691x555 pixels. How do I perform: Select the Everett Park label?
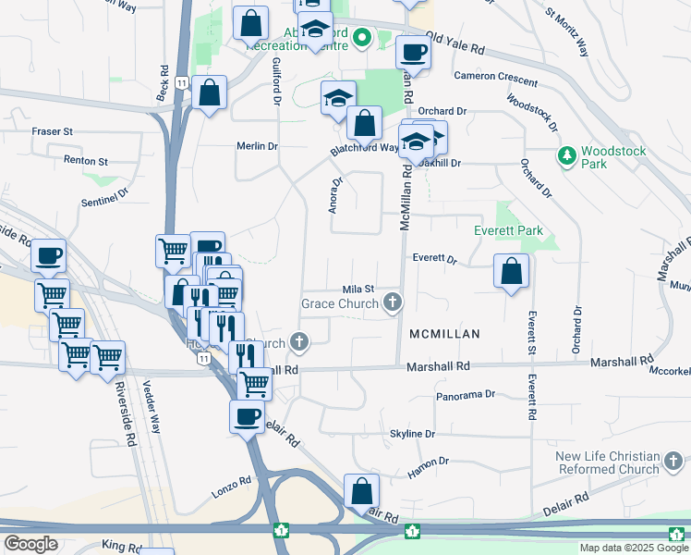click(x=507, y=230)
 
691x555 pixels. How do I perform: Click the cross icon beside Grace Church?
click(x=394, y=302)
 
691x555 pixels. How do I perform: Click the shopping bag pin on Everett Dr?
click(x=512, y=272)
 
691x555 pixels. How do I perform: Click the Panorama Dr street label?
click(x=466, y=395)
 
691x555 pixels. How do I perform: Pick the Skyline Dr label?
click(x=412, y=434)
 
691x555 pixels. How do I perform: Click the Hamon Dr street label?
click(x=430, y=461)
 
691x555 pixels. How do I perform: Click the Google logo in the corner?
click(x=30, y=544)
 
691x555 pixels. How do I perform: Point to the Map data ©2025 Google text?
click(x=634, y=548)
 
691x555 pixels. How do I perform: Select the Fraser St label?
click(x=52, y=132)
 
